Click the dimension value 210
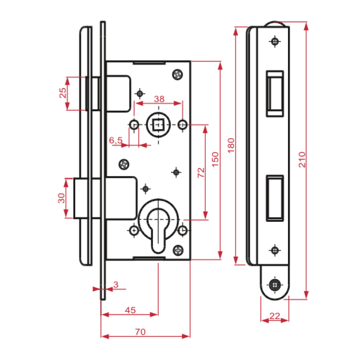tap(302, 160)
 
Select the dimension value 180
tap(231, 145)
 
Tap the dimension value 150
tap(215, 159)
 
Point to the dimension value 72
tap(201, 172)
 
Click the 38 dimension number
tap(159, 99)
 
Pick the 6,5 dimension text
tap(116, 140)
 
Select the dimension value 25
tap(63, 93)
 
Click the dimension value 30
tap(61, 198)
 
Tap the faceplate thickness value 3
tap(116, 285)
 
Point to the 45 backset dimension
tap(130, 310)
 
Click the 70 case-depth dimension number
tap(140, 332)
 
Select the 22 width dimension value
tap(275, 316)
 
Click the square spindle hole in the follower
tap(158, 125)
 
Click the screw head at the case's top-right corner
tap(177, 74)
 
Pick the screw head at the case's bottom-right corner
tap(178, 250)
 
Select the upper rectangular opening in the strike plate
tap(275, 94)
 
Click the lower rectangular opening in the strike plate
tap(275, 198)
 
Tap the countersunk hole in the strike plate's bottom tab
tap(275, 285)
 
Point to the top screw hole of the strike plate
tap(275, 41)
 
